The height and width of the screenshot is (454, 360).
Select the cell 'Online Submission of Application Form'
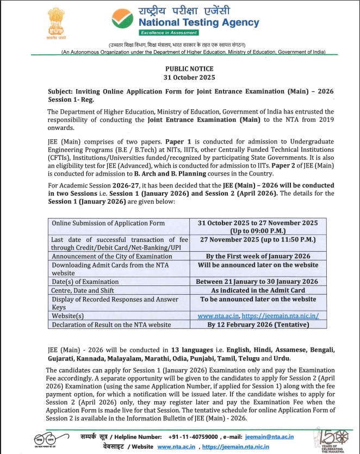(x=108, y=223)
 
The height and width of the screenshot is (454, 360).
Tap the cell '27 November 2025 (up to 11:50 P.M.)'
(x=258, y=239)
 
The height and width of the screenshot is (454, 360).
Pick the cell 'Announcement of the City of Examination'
(x=104, y=256)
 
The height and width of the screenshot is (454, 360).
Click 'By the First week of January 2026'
(x=258, y=256)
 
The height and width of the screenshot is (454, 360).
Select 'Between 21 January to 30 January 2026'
(x=258, y=282)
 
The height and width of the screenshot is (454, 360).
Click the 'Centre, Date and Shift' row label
(x=85, y=290)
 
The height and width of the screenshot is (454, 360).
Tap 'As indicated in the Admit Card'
(x=258, y=290)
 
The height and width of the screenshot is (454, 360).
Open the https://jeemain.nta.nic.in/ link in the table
(x=280, y=316)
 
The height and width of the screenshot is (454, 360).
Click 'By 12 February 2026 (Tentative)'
(x=258, y=325)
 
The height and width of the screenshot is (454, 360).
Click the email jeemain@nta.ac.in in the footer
(x=270, y=437)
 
